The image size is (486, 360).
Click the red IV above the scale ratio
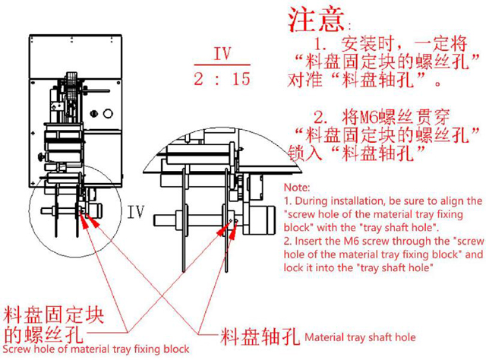[x=222, y=54]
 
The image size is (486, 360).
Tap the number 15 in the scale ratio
[x=241, y=78]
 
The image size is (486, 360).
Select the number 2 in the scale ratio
[x=199, y=78]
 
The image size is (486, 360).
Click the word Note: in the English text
[x=296, y=187]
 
